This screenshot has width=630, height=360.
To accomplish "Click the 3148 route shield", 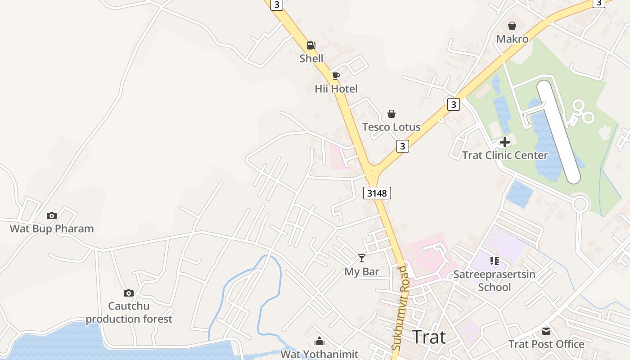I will [377, 193].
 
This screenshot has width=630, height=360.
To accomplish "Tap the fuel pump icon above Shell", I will [311, 45].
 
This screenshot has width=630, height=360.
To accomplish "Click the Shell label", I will [311, 58].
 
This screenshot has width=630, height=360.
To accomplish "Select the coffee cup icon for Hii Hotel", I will [336, 76].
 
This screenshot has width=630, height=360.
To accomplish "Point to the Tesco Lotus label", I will [391, 127].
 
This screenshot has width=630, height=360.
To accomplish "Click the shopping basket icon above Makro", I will [512, 26].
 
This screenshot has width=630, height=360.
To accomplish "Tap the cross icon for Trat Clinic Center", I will [505, 142].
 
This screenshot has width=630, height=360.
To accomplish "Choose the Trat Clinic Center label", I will [505, 155].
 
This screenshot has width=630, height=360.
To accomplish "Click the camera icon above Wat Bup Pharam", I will [52, 216].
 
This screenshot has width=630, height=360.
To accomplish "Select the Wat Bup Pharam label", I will [52, 229].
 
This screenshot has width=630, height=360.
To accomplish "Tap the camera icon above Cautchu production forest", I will [129, 293].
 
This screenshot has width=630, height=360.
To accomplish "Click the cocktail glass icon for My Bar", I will [362, 258].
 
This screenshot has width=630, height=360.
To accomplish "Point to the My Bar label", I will [362, 272].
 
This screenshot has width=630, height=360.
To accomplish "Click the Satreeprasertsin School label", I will [494, 281].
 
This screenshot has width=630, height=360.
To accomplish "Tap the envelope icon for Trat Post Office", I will [546, 331].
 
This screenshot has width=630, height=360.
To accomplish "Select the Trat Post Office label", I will [546, 344].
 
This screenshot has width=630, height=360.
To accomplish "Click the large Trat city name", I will [429, 337].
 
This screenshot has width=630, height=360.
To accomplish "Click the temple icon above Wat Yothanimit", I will [319, 341].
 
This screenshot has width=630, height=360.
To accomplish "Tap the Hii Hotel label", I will [336, 89].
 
